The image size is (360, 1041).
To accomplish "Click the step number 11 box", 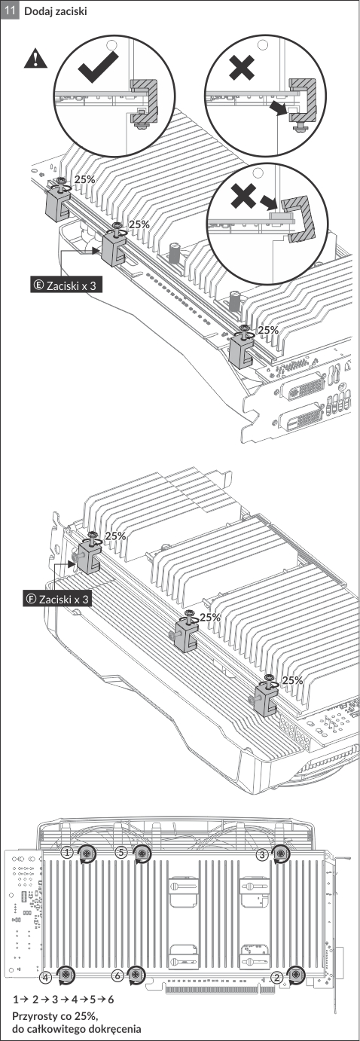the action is tap(9, 11).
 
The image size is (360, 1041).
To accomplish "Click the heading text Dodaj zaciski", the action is tap(55, 11).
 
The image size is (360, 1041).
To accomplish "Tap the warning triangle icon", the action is tap(35, 59).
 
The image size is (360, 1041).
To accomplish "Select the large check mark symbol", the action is tap(98, 67).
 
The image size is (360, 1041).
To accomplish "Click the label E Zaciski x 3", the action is tap(66, 285).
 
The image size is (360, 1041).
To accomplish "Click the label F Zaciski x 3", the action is tap(57, 599).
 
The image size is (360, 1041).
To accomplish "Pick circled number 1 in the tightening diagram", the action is tap(68, 853).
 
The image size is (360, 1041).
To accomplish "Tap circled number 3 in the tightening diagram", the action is tap(262, 854).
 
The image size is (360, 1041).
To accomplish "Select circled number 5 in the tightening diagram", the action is tap(121, 853).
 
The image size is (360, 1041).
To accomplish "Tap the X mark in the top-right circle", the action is tap(242, 67).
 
